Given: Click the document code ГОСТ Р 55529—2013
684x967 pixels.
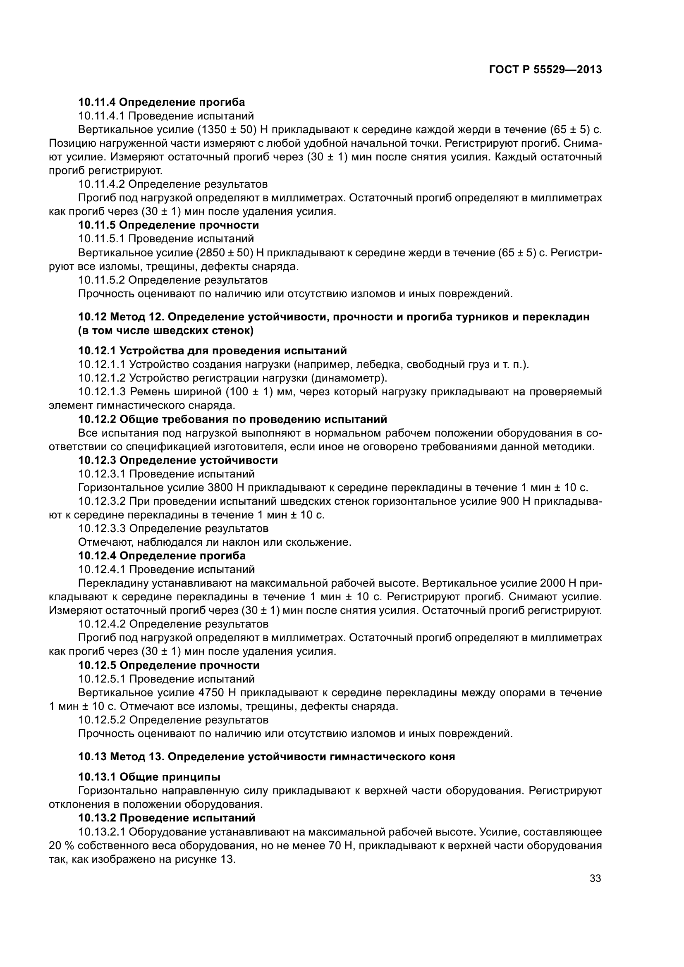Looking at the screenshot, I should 545,69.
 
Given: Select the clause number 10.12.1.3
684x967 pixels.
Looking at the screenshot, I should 102,392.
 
